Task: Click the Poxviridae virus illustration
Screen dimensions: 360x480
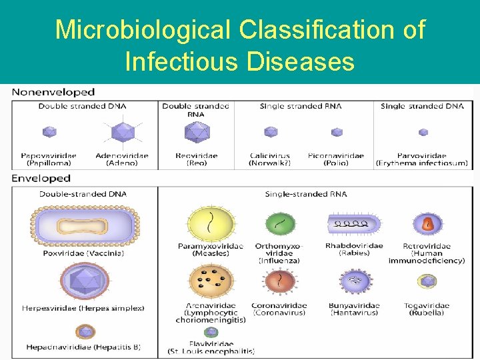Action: pos(83,225)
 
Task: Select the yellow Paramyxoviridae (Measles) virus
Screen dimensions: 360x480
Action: pos(210,224)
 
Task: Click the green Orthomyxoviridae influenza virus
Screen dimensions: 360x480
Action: pos(280,225)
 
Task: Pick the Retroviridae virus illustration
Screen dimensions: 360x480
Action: pos(427,225)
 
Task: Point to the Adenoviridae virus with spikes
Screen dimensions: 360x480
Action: pos(122,132)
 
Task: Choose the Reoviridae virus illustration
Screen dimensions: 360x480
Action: pos(197,132)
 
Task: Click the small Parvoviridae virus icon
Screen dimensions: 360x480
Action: pos(423,132)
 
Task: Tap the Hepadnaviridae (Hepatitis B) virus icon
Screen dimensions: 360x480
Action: pos(85,331)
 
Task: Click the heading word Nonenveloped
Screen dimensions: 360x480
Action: pos(53,92)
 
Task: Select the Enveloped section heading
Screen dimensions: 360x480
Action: pos(41,179)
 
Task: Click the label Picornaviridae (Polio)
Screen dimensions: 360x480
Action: pos(336,159)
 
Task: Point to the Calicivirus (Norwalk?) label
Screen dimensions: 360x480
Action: pos(271,159)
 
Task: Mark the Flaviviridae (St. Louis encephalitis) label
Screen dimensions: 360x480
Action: pos(211,347)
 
